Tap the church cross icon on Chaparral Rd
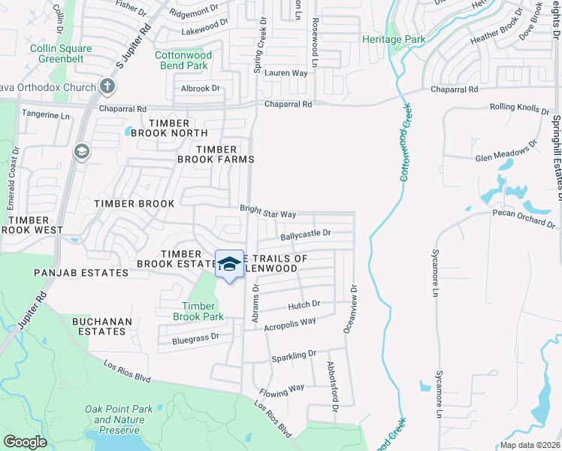pyautogui.click(x=107, y=86)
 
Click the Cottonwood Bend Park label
pyautogui.click(x=183, y=60)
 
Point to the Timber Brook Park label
pyautogui.click(x=198, y=311)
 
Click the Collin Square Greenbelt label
pyautogui.click(x=61, y=54)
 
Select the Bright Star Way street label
pyautogui.click(x=268, y=212)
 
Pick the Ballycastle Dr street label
pyautogui.click(x=306, y=235)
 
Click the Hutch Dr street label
pyautogui.click(x=304, y=304)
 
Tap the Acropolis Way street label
pyautogui.click(x=291, y=322)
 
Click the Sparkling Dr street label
pyautogui.click(x=295, y=354)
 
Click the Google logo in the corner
pyautogui.click(x=26, y=442)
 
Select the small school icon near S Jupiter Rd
pyautogui.click(x=81, y=153)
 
